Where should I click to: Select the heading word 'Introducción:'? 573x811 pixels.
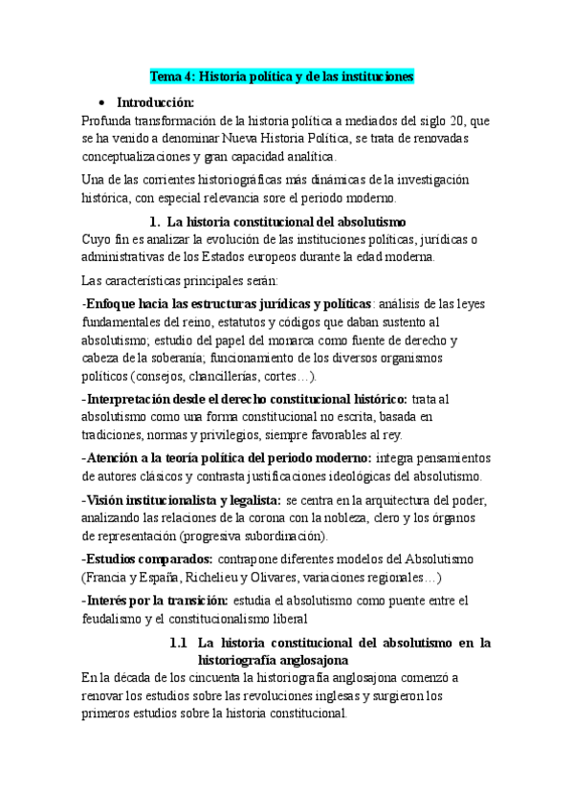click(x=155, y=102)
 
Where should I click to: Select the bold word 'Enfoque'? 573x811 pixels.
click(x=117, y=303)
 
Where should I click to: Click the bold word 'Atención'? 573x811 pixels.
click(x=117, y=458)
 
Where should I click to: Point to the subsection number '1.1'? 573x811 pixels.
click(x=179, y=642)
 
